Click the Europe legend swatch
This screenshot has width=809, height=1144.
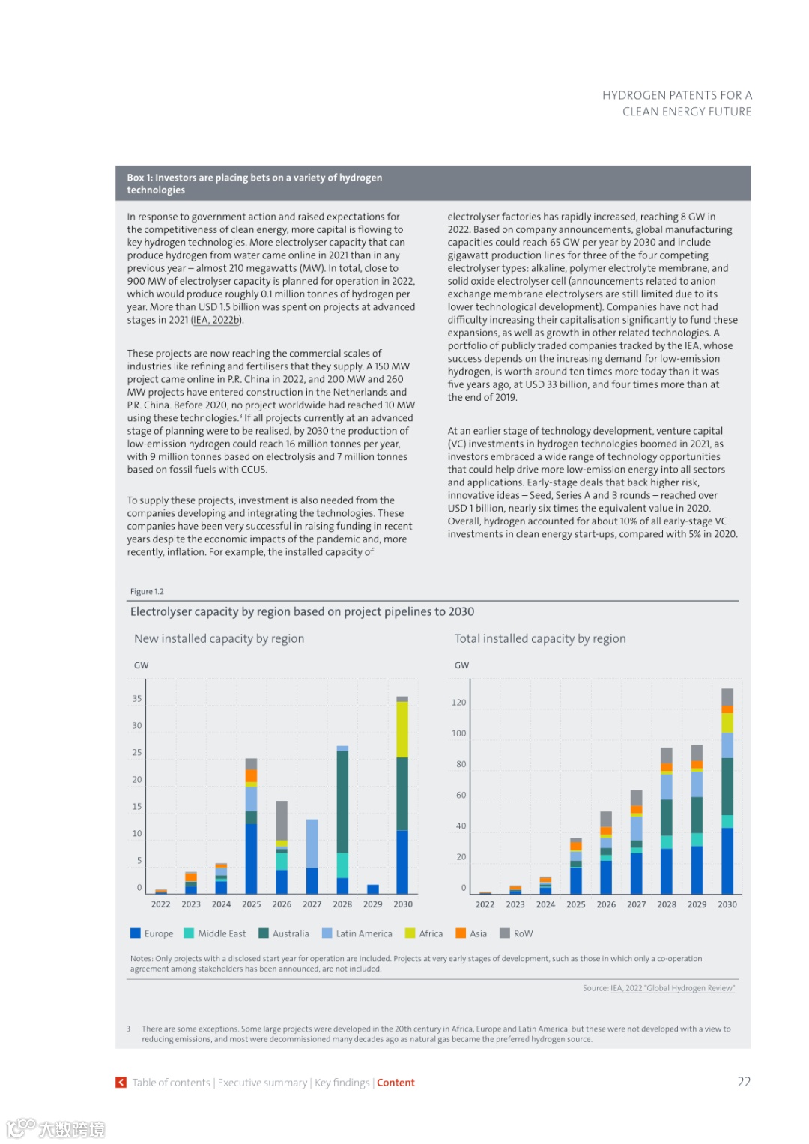click(x=136, y=933)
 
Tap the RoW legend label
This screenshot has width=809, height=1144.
click(x=523, y=933)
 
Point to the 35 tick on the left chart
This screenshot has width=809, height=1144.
click(x=137, y=699)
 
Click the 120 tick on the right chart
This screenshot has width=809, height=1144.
click(x=458, y=703)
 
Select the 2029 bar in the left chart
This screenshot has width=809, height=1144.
click(x=373, y=889)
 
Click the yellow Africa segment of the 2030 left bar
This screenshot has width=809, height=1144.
click(x=402, y=729)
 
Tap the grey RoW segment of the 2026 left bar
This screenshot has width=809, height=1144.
click(x=282, y=820)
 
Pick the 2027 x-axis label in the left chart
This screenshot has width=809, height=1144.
click(x=312, y=904)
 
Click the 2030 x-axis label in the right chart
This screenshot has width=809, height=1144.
click(x=727, y=904)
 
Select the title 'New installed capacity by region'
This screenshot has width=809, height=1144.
click(x=219, y=638)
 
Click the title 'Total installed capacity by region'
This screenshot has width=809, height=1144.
click(x=540, y=638)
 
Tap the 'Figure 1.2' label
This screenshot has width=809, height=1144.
click(x=147, y=591)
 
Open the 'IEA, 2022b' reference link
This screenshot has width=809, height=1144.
click(x=217, y=320)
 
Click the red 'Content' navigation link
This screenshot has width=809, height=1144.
click(x=396, y=1083)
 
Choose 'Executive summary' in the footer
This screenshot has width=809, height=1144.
click(x=262, y=1083)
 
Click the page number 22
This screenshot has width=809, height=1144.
click(x=744, y=1082)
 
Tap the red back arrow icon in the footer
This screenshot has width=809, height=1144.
click(x=121, y=1083)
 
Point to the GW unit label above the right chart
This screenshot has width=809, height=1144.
click(x=461, y=665)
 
